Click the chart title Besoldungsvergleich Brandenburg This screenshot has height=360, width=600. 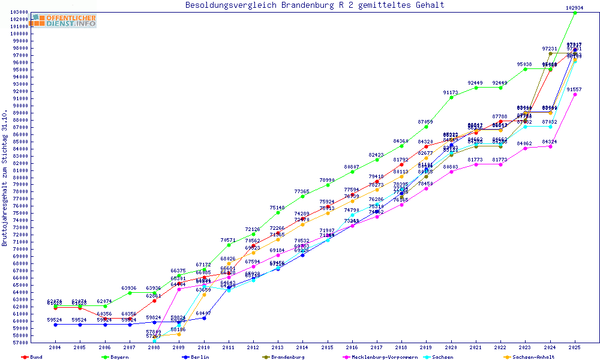pos(314,5)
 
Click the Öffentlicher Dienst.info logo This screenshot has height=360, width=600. pos(64,20)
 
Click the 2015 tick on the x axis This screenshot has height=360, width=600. pos(327,347)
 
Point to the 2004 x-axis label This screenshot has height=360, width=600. pos(55,347)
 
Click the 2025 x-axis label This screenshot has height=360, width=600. pos(575,347)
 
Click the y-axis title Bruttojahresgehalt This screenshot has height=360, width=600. pos(5,178)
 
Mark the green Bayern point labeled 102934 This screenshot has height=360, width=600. pos(575,13)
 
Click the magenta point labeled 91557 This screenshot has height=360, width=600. pos(575,94)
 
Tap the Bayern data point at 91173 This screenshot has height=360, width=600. pos(451,97)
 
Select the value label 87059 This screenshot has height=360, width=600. pos(426,122)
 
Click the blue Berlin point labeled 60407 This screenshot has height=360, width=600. pos(204,318)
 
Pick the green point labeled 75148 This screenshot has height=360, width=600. pos(278,212)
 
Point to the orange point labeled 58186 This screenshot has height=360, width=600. pos(179,334)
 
